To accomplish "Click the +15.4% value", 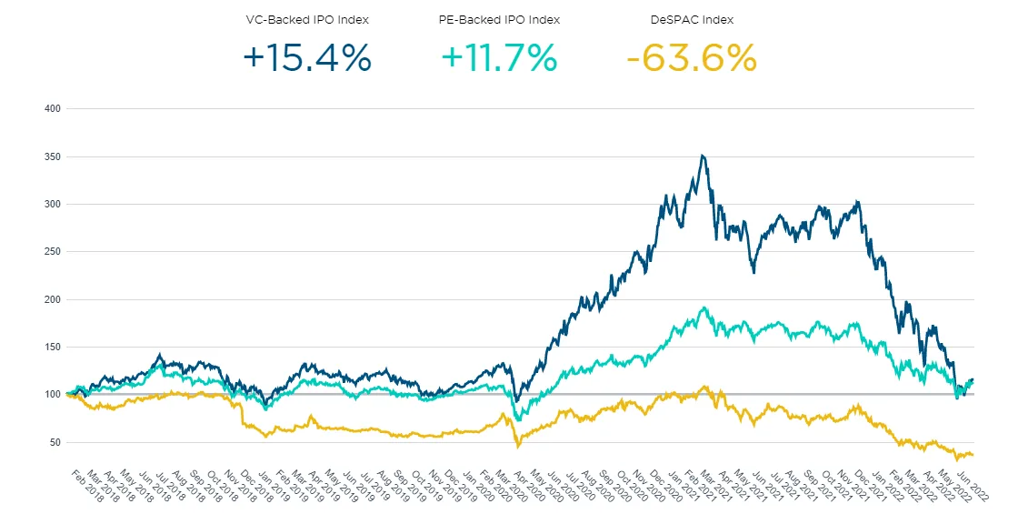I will coord(307,58).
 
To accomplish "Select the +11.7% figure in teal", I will coord(499,58).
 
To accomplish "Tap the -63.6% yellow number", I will coord(692,58).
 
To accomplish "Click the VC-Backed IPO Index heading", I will coord(307,19).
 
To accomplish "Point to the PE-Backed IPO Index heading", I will coord(499,19).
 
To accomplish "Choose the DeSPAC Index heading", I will coord(692,19).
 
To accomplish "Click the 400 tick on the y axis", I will coord(51,109).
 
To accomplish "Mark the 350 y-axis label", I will coord(51,156).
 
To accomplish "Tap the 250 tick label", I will coord(51,252).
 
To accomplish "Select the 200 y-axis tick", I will coord(51,299).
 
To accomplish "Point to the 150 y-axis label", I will coord(51,347).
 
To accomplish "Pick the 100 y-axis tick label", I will coord(51,395).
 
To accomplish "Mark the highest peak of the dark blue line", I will coord(701,156).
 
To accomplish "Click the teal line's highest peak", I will coord(704,308).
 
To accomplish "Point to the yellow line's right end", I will coord(973,454).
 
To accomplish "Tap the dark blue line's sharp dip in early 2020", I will coord(515,401).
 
